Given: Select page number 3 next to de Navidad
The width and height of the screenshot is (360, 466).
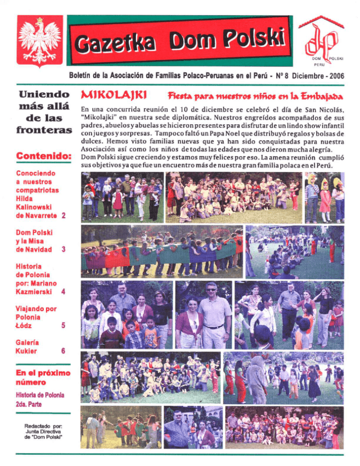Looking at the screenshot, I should pos(63,249).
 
